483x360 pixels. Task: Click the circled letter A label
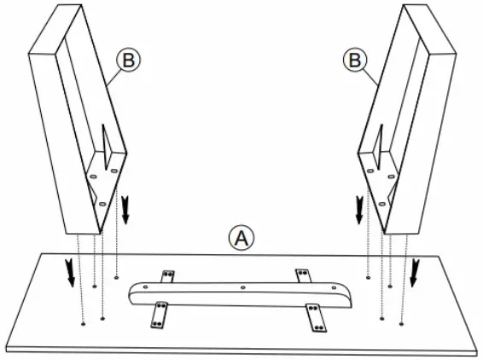coord(241,237)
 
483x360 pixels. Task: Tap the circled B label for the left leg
coord(127,60)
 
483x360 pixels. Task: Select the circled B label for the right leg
coord(354,60)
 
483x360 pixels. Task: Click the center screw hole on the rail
coord(242,287)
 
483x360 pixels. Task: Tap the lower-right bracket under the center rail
coord(315,319)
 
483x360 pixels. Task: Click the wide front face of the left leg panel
coord(60,128)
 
